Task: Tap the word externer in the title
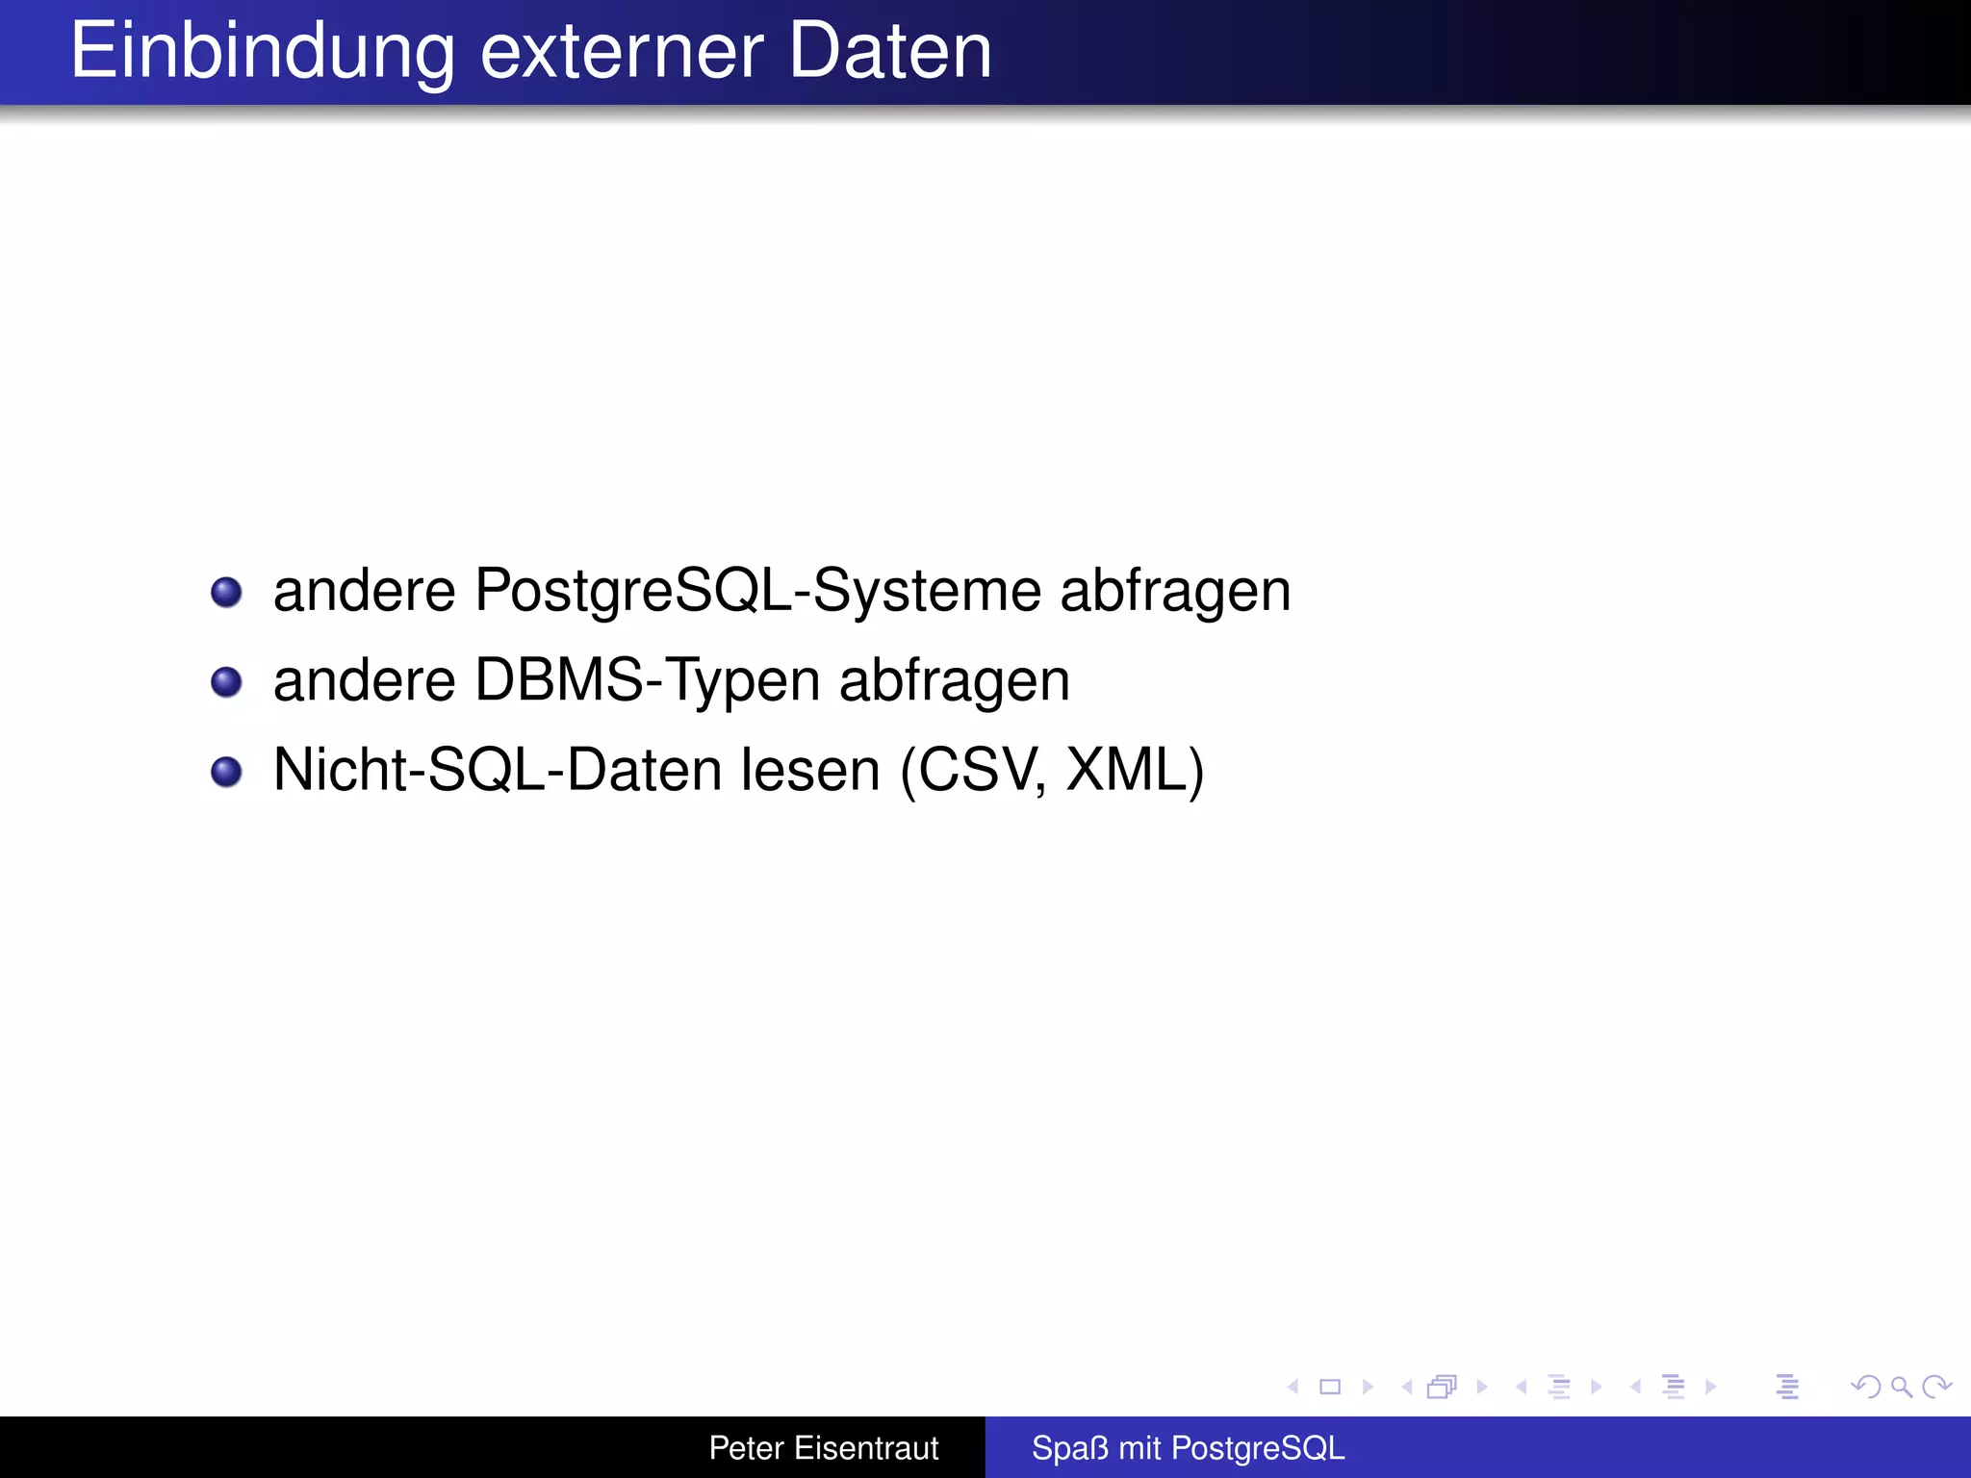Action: pyautogui.click(x=622, y=52)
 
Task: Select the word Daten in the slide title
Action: pyautogui.click(x=889, y=52)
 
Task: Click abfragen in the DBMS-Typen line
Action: pyautogui.click(x=954, y=682)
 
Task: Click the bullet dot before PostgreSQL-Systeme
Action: pyautogui.click(x=226, y=592)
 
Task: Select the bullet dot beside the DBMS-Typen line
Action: pyautogui.click(x=226, y=682)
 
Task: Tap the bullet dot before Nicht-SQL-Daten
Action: pyautogui.click(x=226, y=772)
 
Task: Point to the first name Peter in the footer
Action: pyautogui.click(x=746, y=1448)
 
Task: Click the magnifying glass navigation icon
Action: pyautogui.click(x=1901, y=1387)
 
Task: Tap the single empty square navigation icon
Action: pyautogui.click(x=1330, y=1387)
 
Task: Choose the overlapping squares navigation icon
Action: pyautogui.click(x=1442, y=1387)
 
